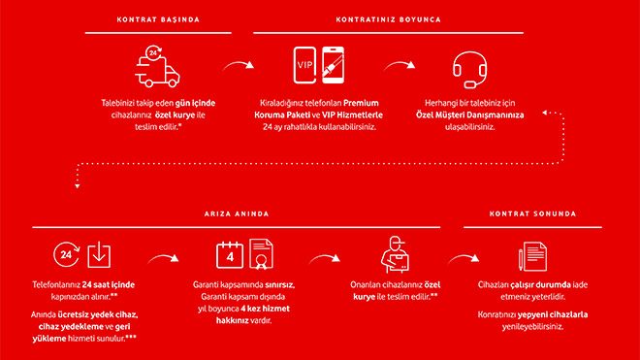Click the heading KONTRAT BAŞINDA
[159, 18]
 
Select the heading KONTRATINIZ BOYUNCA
[389, 18]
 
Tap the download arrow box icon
[99, 255]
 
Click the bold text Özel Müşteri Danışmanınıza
[469, 114]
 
